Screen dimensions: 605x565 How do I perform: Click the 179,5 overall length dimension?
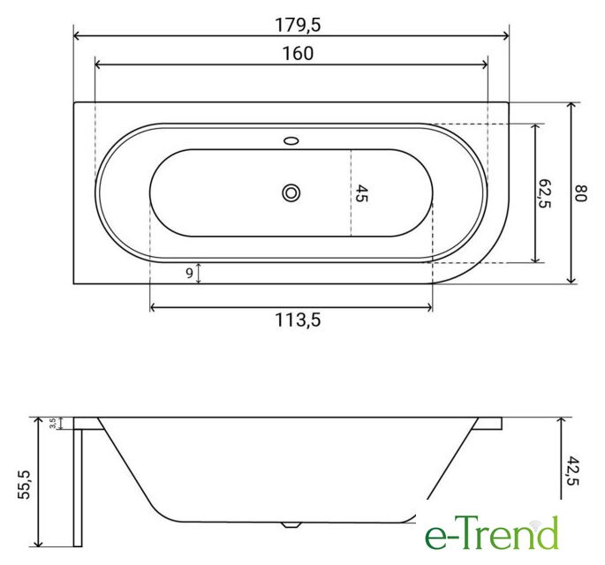pos(298,25)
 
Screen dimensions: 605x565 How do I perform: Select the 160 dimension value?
pos(298,54)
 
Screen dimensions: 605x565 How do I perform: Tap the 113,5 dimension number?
pos(298,320)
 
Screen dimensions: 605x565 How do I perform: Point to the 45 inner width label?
pos(361,193)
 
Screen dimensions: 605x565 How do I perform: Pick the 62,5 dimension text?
pos(544,193)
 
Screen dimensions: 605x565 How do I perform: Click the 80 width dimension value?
pos(581,193)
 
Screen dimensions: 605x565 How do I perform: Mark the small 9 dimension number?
pos(189,273)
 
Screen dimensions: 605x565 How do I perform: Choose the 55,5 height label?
pos(25,485)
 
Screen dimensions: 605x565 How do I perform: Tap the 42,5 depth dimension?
pos(573,471)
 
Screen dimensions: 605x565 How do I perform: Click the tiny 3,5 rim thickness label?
pos(53,424)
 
